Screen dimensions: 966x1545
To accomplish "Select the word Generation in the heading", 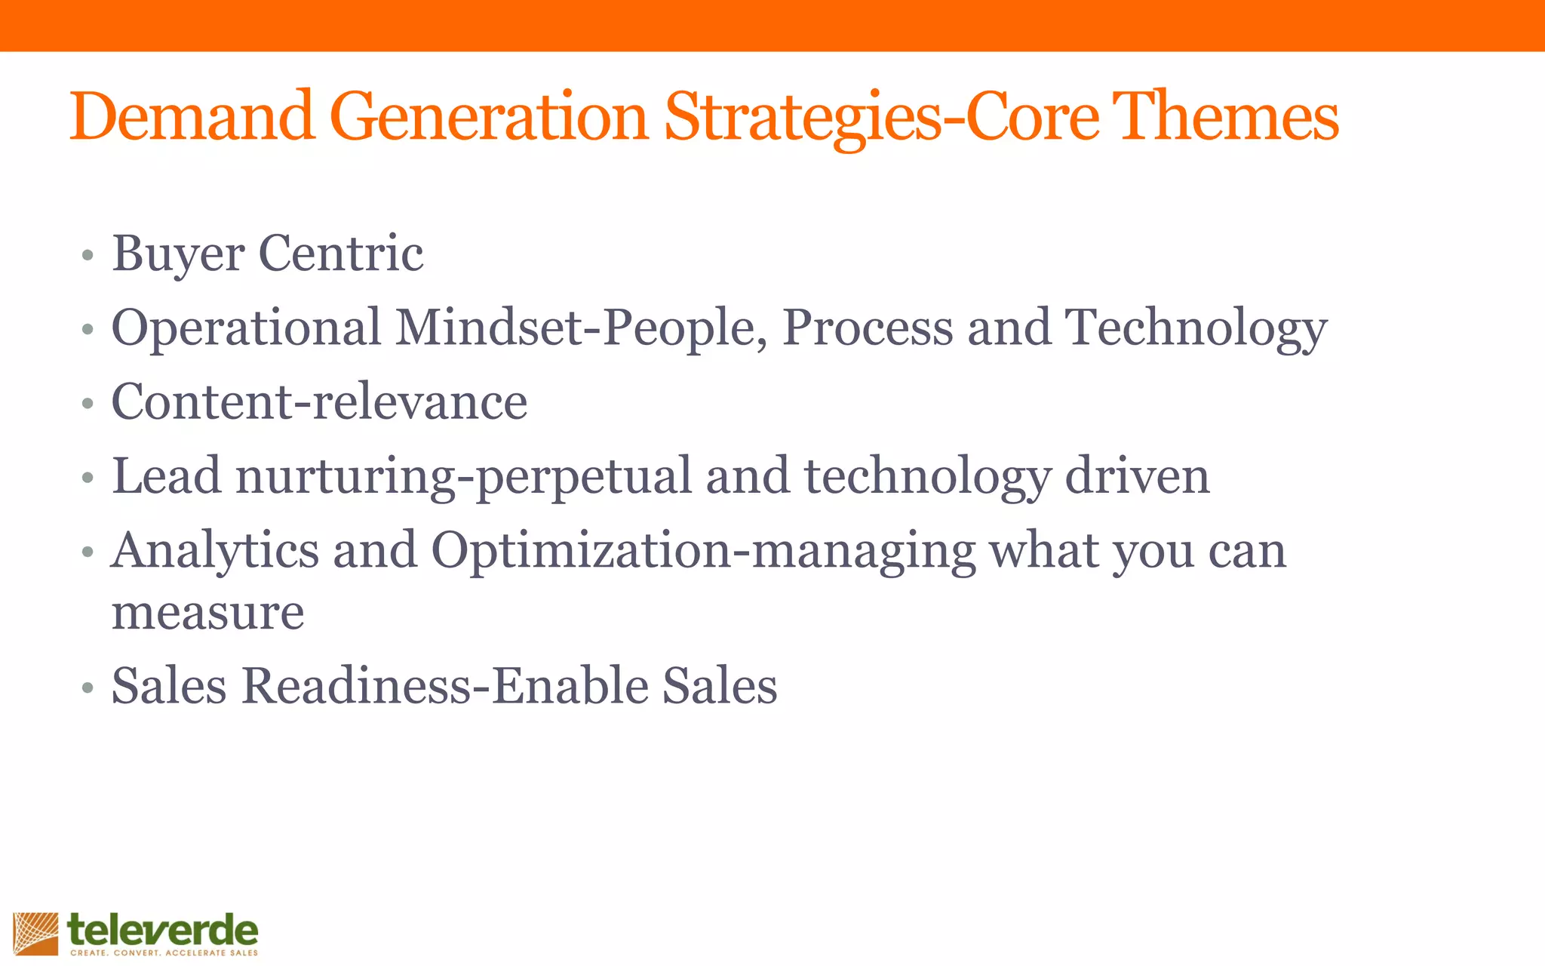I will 489,117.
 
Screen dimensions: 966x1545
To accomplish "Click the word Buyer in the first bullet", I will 178,254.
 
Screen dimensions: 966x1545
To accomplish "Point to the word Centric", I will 340,254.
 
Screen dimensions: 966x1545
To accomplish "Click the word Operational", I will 246,328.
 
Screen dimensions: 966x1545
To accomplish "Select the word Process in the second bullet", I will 868,328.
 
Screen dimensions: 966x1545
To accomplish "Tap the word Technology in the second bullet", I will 1196,329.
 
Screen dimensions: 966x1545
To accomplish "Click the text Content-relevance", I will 319,401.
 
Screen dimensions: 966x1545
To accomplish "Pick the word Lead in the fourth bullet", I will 167,475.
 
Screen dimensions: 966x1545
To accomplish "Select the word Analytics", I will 215,551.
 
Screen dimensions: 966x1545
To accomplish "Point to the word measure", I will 208,611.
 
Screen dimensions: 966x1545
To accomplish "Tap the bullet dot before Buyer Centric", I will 88,255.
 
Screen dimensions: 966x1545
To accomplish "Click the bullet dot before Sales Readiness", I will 88,688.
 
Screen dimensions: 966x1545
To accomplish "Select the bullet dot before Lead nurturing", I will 88,478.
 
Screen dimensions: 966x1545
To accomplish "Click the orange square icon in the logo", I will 35,934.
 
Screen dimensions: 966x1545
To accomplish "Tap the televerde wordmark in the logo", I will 163,930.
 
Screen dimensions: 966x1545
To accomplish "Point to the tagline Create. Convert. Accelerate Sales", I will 164,953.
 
